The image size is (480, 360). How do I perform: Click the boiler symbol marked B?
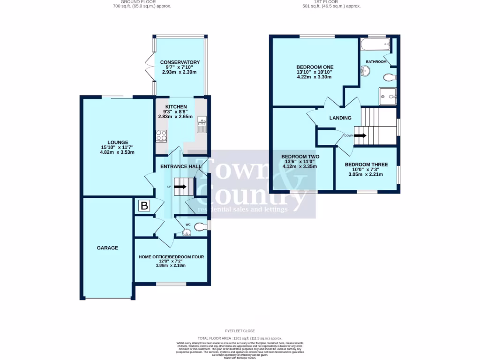144,205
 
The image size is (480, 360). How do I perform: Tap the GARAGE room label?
107,248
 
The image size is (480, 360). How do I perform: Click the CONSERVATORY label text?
180,62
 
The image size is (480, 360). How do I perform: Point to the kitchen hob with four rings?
161,136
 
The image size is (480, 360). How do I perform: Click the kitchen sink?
202,124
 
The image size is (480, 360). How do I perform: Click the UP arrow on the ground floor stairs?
180,187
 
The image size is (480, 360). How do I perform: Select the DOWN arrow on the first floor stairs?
360,135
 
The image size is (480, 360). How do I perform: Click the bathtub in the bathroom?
375,45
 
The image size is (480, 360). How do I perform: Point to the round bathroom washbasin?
366,71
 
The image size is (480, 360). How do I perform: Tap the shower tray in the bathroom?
388,96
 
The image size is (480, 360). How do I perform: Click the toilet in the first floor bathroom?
389,77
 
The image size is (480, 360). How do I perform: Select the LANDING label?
340,118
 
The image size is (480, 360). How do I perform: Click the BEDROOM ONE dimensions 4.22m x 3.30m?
315,77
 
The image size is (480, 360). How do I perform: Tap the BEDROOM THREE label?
366,165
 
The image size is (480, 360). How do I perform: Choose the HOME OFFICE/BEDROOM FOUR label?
171,257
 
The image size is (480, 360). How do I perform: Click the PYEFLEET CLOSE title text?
240,331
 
